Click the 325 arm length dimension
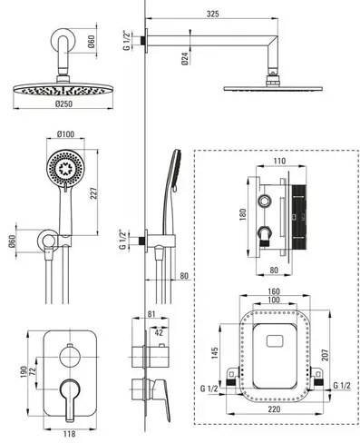tap(213, 14)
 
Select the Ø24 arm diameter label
tap(185, 58)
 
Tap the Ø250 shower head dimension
tap(63, 103)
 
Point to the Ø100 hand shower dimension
tap(65, 133)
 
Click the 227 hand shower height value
tap(94, 193)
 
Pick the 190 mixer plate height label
tap(24, 371)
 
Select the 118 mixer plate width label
tap(69, 434)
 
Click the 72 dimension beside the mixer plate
tap(33, 371)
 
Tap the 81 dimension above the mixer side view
tap(151, 314)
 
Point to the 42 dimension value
tap(159, 332)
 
